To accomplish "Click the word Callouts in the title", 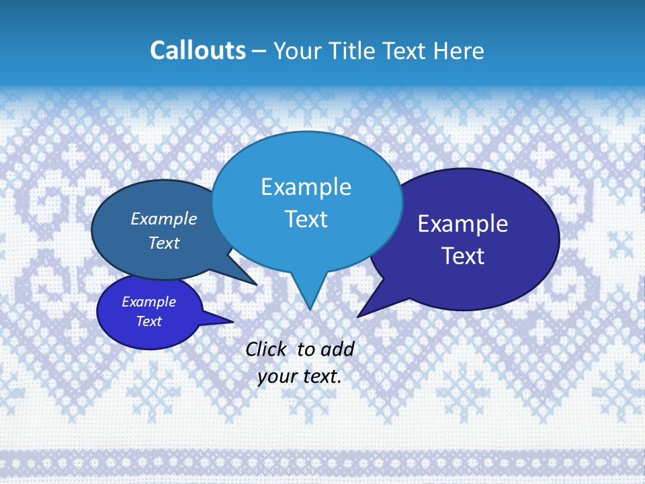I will point(198,50).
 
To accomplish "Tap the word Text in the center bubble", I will point(306,219).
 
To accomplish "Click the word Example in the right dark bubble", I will point(463,223).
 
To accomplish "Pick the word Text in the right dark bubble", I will point(463,256).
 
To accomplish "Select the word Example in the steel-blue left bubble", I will point(164,218).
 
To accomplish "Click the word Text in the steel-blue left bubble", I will point(164,243).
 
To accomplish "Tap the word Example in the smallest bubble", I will point(148,302).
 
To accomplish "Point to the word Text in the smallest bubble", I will point(148,321).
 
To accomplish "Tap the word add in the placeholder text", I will point(337,349).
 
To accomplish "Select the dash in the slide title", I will point(259,50).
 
